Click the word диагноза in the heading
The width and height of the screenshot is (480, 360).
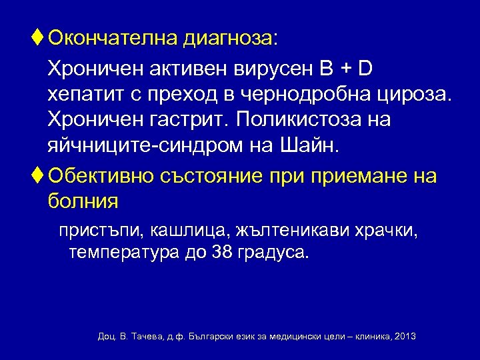(x=229, y=39)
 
